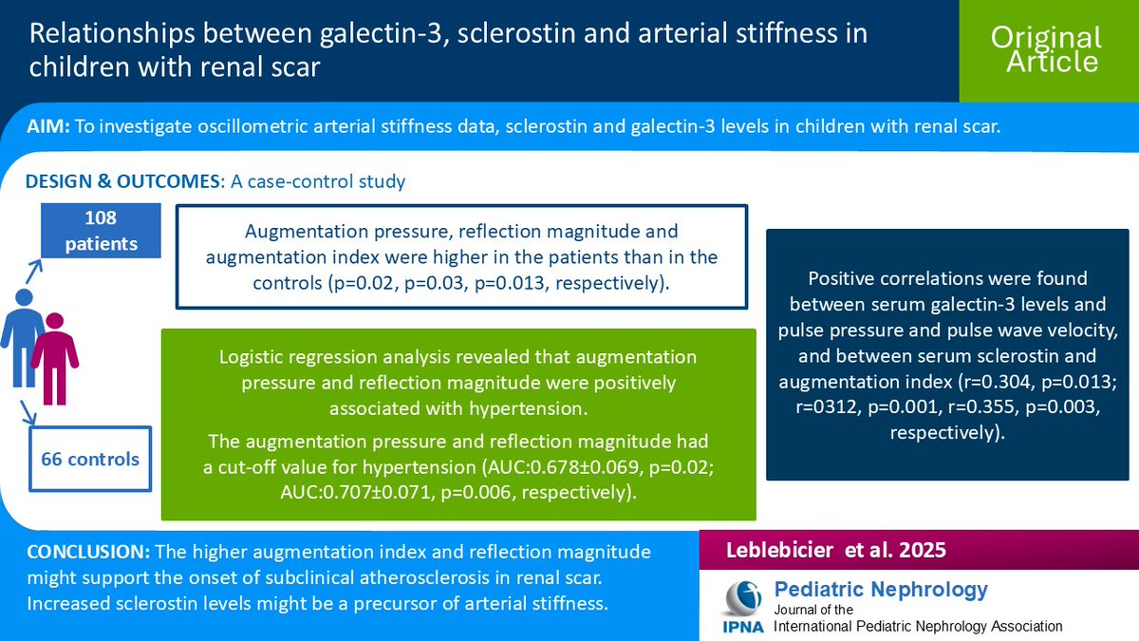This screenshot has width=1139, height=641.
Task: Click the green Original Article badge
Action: pyautogui.click(x=1046, y=50)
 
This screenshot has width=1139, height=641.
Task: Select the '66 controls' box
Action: pyautogui.click(x=90, y=460)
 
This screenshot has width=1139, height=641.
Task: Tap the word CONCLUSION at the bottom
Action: pyautogui.click(x=86, y=552)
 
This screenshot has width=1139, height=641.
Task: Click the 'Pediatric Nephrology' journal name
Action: pyautogui.click(x=881, y=590)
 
